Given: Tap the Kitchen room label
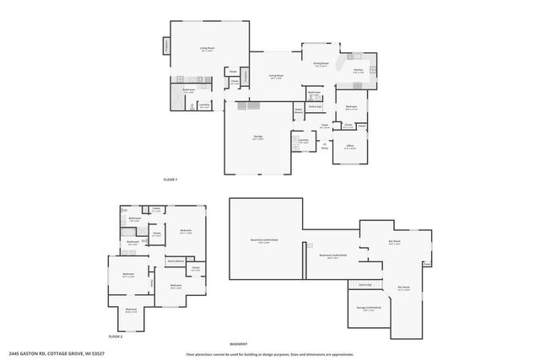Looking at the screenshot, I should [x=358, y=71].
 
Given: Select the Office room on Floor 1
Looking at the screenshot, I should [x=350, y=147].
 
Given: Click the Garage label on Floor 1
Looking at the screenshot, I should [x=257, y=139].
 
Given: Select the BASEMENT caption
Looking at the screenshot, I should [x=239, y=343].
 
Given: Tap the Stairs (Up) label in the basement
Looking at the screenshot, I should [x=364, y=285].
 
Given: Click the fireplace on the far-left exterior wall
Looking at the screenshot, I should [x=166, y=47].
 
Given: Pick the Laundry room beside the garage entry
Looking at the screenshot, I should [x=302, y=141].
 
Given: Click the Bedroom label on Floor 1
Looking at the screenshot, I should [x=351, y=107].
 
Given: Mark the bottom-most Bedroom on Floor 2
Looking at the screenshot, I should [x=131, y=309].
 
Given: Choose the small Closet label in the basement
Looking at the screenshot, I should [x=364, y=247].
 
